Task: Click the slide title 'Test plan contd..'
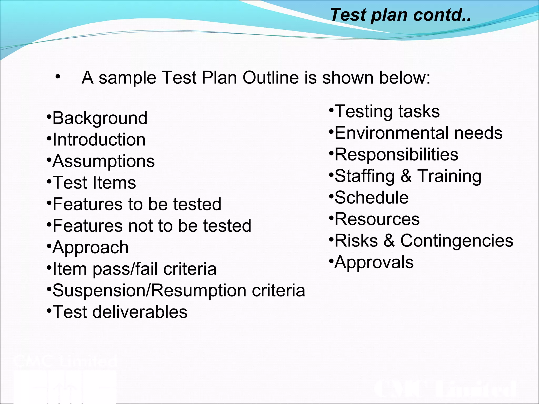pos(400,15)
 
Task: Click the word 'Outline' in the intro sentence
pos(271,78)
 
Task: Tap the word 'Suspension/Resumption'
pos(149,291)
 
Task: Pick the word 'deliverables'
pos(139,312)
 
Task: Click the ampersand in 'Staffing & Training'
pos(406,176)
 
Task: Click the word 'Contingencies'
pos(457,241)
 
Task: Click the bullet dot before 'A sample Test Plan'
pos(58,77)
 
